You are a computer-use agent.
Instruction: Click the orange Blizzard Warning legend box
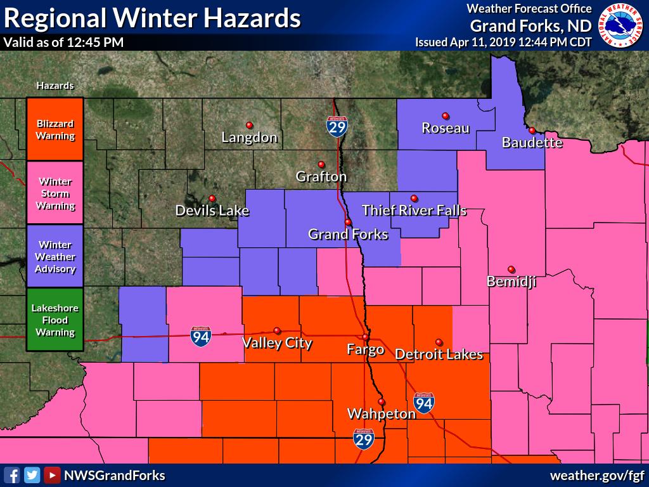pos(55,129)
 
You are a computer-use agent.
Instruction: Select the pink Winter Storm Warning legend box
pos(55,193)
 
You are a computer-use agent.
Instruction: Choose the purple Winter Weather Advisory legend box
pos(55,256)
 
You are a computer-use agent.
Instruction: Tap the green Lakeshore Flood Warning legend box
pos(55,320)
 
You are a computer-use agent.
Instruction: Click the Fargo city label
pos(366,349)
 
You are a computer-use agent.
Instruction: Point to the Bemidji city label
pos(511,282)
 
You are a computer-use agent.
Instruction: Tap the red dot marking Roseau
pos(446,115)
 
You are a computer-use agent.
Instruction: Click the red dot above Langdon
pos(249,125)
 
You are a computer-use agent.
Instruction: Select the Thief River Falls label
pos(414,210)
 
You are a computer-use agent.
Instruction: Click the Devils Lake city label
pos(212,211)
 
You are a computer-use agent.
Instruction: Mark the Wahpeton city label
pos(381,413)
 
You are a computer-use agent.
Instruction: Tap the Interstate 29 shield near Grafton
pos(337,127)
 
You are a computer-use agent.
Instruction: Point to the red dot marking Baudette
pos(532,130)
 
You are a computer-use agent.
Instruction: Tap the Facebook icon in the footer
pos(12,475)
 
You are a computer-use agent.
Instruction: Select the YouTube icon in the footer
pos(52,475)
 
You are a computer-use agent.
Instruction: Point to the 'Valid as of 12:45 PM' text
pos(63,42)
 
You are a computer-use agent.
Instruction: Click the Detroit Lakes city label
pos(439,354)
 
